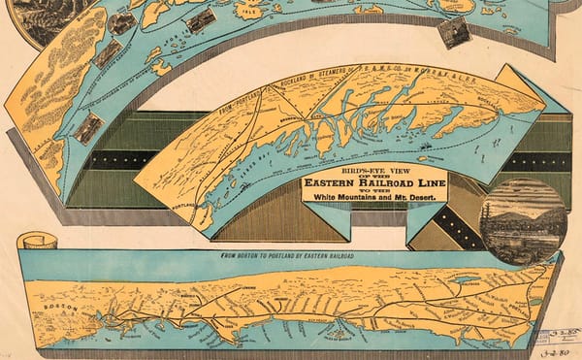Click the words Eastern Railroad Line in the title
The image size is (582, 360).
(x=374, y=182)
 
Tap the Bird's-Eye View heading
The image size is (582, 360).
(x=374, y=169)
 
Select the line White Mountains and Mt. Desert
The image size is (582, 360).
(x=374, y=195)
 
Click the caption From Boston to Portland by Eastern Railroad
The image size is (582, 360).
(x=286, y=256)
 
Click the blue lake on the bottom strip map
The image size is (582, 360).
(x=466, y=279)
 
